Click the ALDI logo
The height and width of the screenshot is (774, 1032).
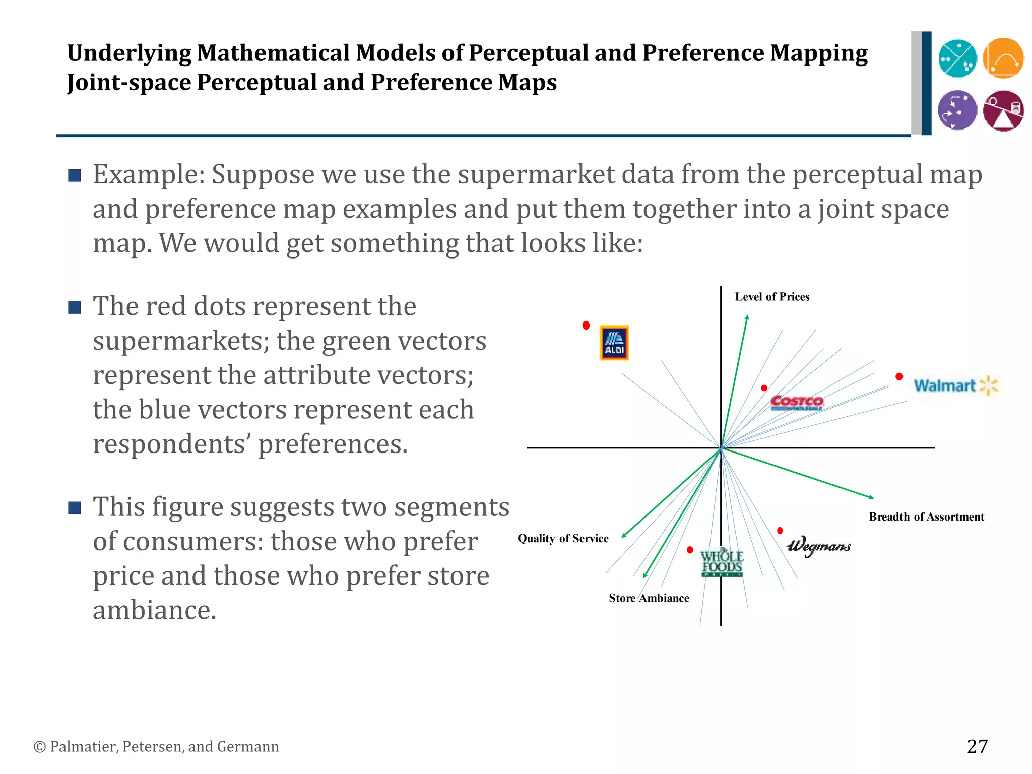tap(614, 343)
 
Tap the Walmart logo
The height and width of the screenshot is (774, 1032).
tap(955, 385)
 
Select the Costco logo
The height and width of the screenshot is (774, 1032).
tap(797, 402)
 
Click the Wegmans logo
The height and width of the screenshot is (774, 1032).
tap(819, 546)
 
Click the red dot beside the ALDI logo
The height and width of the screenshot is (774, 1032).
tap(586, 326)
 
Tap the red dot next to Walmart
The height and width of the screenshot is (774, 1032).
tap(899, 376)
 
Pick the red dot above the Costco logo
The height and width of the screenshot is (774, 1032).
tap(764, 388)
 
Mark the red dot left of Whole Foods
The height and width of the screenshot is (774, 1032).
tap(690, 550)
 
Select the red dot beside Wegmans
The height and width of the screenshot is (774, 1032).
tap(780, 531)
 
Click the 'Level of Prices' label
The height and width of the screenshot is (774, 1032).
tap(772, 297)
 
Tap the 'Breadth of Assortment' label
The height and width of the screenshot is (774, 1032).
tap(926, 517)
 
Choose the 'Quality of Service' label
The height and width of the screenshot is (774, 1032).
tap(563, 538)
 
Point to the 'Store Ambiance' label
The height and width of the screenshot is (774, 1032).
tap(649, 598)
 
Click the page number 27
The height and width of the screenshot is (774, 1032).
tap(977, 746)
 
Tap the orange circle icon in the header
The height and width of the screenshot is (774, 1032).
tap(1003, 58)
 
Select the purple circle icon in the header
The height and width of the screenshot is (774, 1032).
tap(957, 110)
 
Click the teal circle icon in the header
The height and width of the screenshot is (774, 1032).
tap(957, 58)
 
